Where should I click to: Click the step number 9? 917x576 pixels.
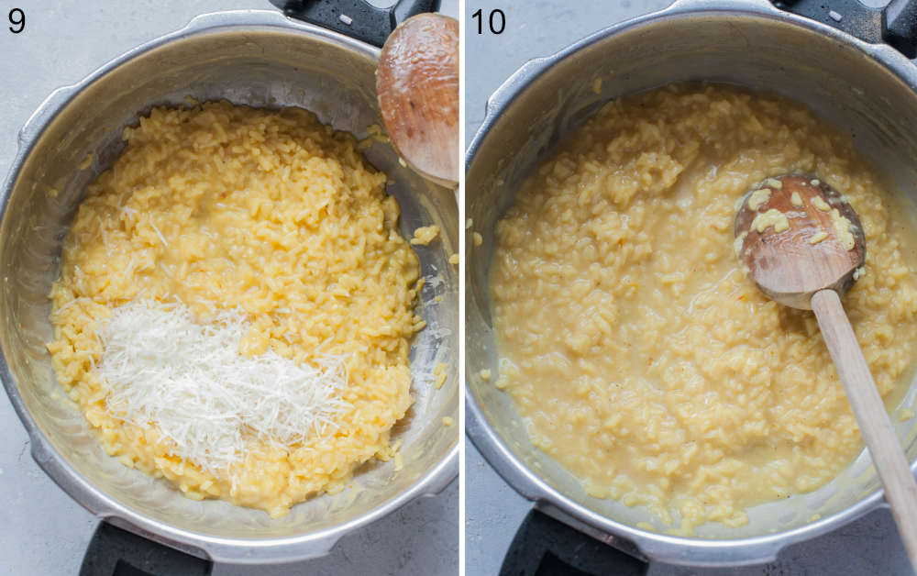(17, 19)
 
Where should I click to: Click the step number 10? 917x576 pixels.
(488, 20)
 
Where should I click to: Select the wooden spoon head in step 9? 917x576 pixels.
(420, 96)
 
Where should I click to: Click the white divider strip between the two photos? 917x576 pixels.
(462, 288)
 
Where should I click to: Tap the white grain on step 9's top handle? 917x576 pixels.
(345, 19)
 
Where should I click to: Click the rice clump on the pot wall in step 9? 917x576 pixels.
(425, 235)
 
